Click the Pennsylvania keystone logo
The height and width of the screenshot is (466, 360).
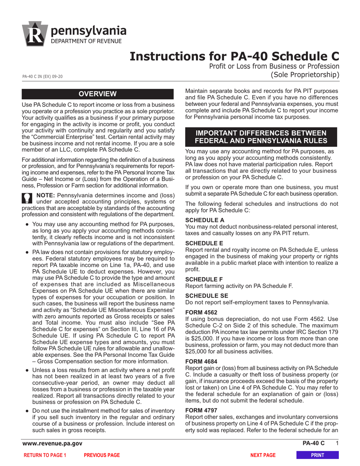(x=35, y=34)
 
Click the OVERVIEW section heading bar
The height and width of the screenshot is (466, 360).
(x=98, y=94)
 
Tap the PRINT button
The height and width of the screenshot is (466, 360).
(x=317, y=455)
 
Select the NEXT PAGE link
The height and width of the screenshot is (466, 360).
(x=263, y=455)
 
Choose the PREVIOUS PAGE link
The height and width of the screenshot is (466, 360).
(x=102, y=455)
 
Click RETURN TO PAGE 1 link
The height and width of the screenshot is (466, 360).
(x=45, y=455)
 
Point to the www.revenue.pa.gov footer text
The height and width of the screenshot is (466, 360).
(x=52, y=444)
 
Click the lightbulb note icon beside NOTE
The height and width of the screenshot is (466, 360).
(x=27, y=199)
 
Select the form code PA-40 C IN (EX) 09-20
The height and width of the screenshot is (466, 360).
(x=42, y=77)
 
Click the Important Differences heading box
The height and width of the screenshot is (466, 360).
(x=260, y=137)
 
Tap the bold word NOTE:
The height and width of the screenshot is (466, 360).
(x=45, y=195)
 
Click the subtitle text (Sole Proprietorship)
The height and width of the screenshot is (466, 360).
(x=305, y=75)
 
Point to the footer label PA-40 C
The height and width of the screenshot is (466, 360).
(x=313, y=444)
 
